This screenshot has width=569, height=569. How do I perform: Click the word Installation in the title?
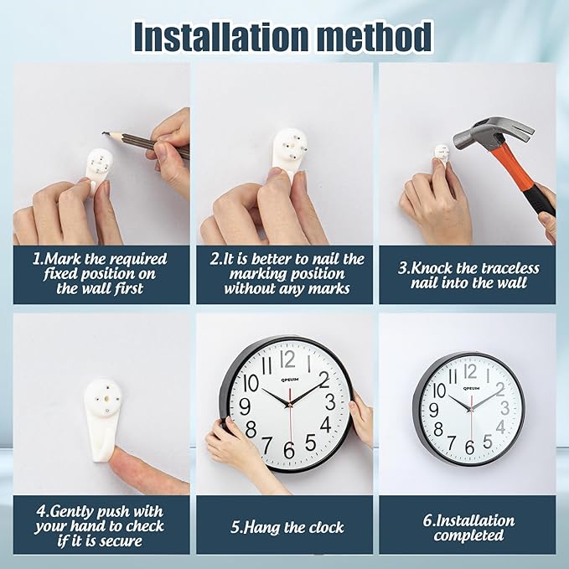[x=222, y=37]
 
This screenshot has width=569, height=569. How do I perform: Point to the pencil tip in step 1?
[x=105, y=133]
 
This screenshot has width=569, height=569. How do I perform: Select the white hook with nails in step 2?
[x=289, y=152]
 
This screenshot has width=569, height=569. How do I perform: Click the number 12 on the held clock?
[x=287, y=360]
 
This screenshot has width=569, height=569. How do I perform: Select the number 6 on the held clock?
[x=289, y=450]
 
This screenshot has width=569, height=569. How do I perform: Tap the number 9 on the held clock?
[x=245, y=406]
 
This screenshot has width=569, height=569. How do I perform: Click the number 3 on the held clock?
[x=330, y=401]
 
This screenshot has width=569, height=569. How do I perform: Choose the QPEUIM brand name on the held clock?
[x=290, y=380]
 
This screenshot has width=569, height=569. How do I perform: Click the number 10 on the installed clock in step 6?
[x=439, y=391]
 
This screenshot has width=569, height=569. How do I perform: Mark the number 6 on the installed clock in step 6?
[x=469, y=447]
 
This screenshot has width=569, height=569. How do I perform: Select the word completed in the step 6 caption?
[x=468, y=535]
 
